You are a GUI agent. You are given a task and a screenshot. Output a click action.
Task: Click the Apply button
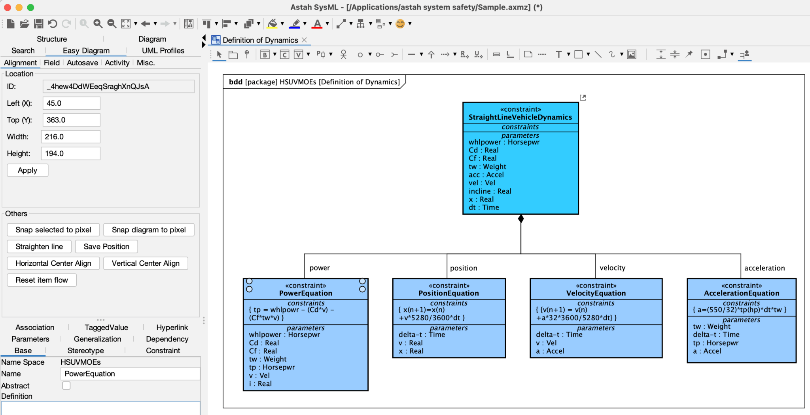[x=27, y=170]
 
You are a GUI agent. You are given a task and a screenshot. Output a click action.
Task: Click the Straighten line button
[x=39, y=246]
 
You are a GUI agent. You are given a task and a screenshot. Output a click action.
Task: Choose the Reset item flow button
[x=42, y=280]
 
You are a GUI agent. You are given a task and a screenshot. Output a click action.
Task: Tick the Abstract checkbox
[x=66, y=385]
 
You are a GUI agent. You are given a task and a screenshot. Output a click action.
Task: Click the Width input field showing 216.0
[x=70, y=137]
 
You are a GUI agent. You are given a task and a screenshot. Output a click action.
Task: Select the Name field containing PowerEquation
[x=130, y=373]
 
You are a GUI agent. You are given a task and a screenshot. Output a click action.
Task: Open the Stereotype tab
[x=85, y=350]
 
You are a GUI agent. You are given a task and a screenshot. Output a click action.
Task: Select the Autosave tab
[x=82, y=63]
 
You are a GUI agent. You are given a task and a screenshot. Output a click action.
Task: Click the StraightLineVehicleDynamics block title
[x=520, y=117]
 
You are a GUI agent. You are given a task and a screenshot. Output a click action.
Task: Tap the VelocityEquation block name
[x=596, y=293]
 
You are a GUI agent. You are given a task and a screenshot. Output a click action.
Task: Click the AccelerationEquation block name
[x=741, y=293]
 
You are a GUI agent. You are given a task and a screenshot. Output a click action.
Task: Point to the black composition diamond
[x=521, y=219]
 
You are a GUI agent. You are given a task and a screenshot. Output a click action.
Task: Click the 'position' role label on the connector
[x=464, y=268]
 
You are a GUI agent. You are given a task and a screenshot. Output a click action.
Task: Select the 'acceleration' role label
[x=764, y=268]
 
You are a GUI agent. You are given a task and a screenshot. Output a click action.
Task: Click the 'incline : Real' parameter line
[x=490, y=191]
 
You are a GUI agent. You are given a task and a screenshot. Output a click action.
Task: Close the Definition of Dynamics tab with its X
[x=304, y=40]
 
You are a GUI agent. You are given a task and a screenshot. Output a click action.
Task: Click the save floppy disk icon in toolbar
[x=38, y=24]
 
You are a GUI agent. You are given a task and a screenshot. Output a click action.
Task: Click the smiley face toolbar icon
[x=400, y=24]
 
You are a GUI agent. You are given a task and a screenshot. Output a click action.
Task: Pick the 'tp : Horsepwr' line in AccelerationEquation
[x=715, y=343]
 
